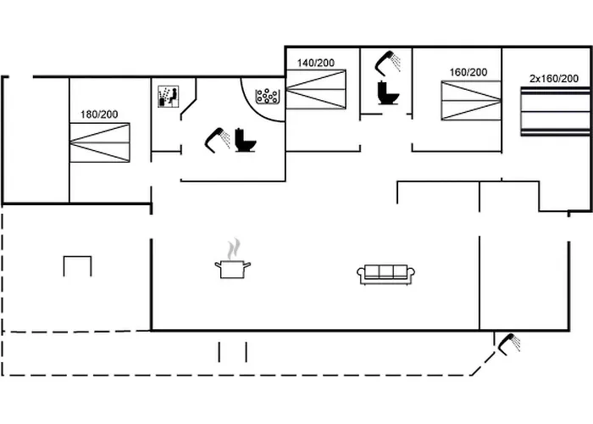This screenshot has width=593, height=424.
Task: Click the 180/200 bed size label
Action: click(98, 114)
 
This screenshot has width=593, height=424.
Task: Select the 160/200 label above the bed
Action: click(468, 72)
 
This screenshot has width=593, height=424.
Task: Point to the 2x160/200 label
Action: click(554, 78)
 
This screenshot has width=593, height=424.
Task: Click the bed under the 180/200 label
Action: click(99, 142)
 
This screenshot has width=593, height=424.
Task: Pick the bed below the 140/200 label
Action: click(316, 89)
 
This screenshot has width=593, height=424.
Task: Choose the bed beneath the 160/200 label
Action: click(471, 100)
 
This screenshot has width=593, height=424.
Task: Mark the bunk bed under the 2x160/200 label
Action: click(555, 110)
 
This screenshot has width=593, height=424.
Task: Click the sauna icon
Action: click(168, 97)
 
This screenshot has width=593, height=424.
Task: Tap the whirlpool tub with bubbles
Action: click(269, 95)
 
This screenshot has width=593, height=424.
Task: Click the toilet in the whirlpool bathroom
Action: click(246, 140)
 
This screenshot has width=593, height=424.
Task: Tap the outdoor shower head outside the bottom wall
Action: click(509, 343)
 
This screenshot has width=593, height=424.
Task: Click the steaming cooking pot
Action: click(232, 269)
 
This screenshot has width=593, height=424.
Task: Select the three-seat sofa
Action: click(386, 274)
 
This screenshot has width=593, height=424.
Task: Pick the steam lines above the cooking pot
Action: click(232, 248)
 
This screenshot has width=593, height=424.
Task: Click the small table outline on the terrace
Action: click(77, 265)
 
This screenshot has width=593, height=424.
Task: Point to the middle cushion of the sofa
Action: click(386, 272)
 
